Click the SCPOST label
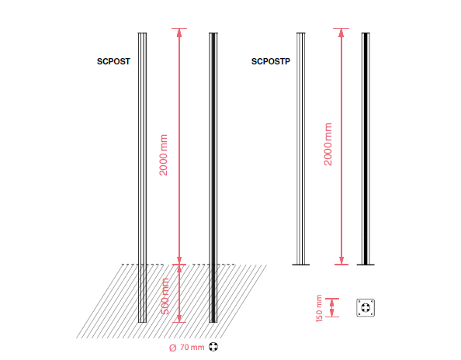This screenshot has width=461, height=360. tap(113, 61)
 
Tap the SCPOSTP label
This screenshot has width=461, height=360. tap(271, 61)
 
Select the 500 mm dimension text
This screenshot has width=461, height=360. tap(165, 296)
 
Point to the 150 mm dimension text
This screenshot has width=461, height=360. tap(319, 308)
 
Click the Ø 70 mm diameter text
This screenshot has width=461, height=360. tap(187, 348)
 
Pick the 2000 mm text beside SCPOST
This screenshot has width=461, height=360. tap(163, 155)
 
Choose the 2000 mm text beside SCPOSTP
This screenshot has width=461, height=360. tap(328, 144)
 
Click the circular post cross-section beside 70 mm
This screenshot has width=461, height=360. tap(213, 347)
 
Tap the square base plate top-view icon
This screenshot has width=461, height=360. tap(366, 308)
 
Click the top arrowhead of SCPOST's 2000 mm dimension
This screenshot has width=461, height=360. tap(179, 33)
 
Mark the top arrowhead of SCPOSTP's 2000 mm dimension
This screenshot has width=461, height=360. tap(341, 33)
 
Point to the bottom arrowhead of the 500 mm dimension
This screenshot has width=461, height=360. tap(179, 318)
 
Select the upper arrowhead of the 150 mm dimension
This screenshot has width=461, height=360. tap(332, 303)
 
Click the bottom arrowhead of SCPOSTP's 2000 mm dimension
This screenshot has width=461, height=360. tap(341, 260)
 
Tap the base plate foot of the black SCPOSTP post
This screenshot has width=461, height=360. tap(366, 265)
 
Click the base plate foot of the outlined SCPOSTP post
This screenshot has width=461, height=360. tap(301, 265)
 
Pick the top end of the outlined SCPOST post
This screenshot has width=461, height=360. tap(142, 33)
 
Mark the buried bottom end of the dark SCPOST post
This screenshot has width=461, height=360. tap(213, 322)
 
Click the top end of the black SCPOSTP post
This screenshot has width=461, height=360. tap(366, 33)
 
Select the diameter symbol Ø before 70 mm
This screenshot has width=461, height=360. tap(172, 348)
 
